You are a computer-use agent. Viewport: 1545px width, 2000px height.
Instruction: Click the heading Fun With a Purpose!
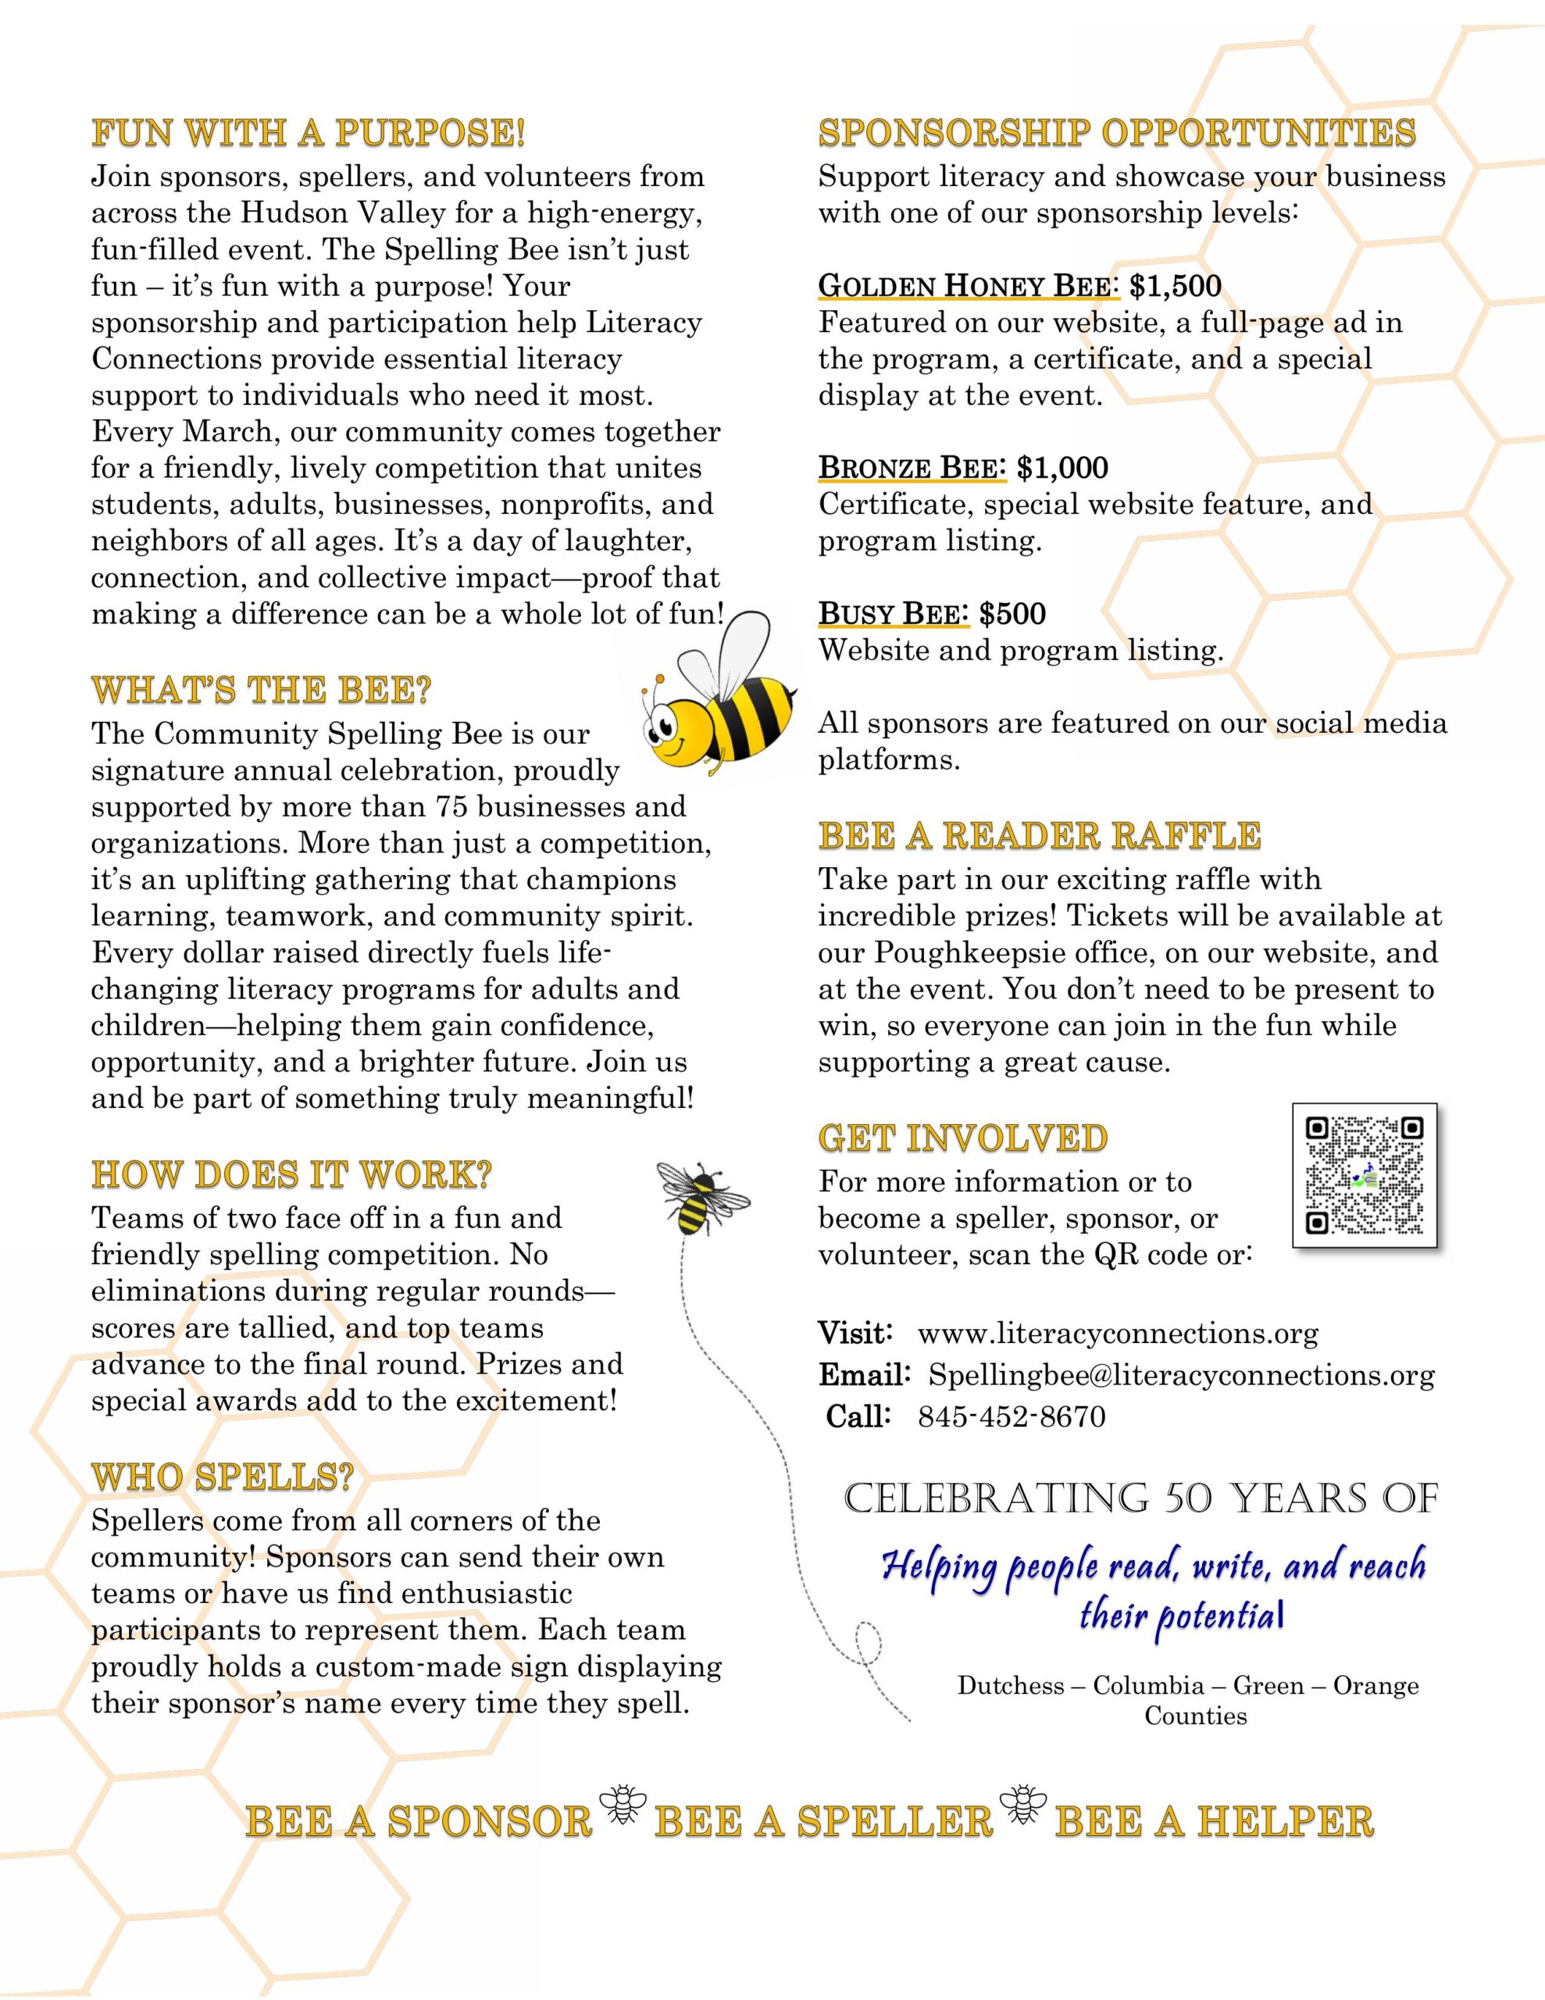(309, 133)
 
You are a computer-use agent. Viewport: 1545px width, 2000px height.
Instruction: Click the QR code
(1364, 1176)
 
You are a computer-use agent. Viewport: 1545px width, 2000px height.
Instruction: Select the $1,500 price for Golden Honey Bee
(1175, 287)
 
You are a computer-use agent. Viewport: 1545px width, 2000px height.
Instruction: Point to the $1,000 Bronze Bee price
(1062, 468)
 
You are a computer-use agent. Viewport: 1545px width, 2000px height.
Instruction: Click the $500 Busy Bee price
(1012, 613)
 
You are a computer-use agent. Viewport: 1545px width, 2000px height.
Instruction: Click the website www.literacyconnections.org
(1117, 1334)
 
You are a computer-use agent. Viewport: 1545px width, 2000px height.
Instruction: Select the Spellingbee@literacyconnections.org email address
(1182, 1376)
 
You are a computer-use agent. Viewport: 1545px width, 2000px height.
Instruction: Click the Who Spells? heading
(222, 1477)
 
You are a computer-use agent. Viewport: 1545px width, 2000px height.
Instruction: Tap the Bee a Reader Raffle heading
(1040, 836)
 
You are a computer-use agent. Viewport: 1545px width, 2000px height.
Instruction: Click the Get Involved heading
(962, 1138)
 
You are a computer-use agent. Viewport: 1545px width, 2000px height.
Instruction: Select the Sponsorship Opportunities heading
(1116, 133)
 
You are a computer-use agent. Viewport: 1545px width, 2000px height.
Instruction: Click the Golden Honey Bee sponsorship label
(968, 287)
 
